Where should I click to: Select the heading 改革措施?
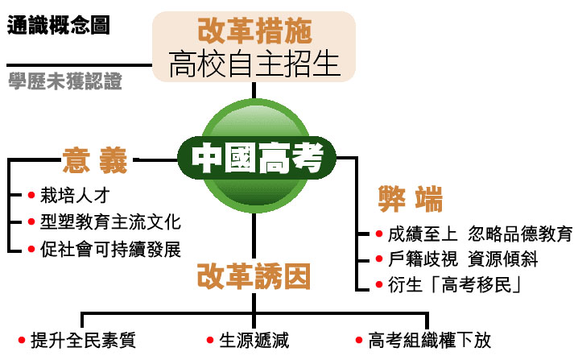tap(254, 31)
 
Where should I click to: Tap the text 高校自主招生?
tap(254, 64)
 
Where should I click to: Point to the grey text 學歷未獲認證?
tap(65, 81)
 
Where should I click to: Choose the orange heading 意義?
tap(95, 159)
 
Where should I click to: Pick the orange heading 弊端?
tap(411, 199)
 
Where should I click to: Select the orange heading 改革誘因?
tap(254, 278)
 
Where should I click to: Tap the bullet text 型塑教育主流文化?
tap(110, 221)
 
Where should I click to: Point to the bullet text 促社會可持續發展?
tap(110, 247)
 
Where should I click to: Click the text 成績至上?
tap(423, 234)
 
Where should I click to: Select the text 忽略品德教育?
tap(521, 234)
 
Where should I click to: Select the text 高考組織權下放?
tap(429, 339)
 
